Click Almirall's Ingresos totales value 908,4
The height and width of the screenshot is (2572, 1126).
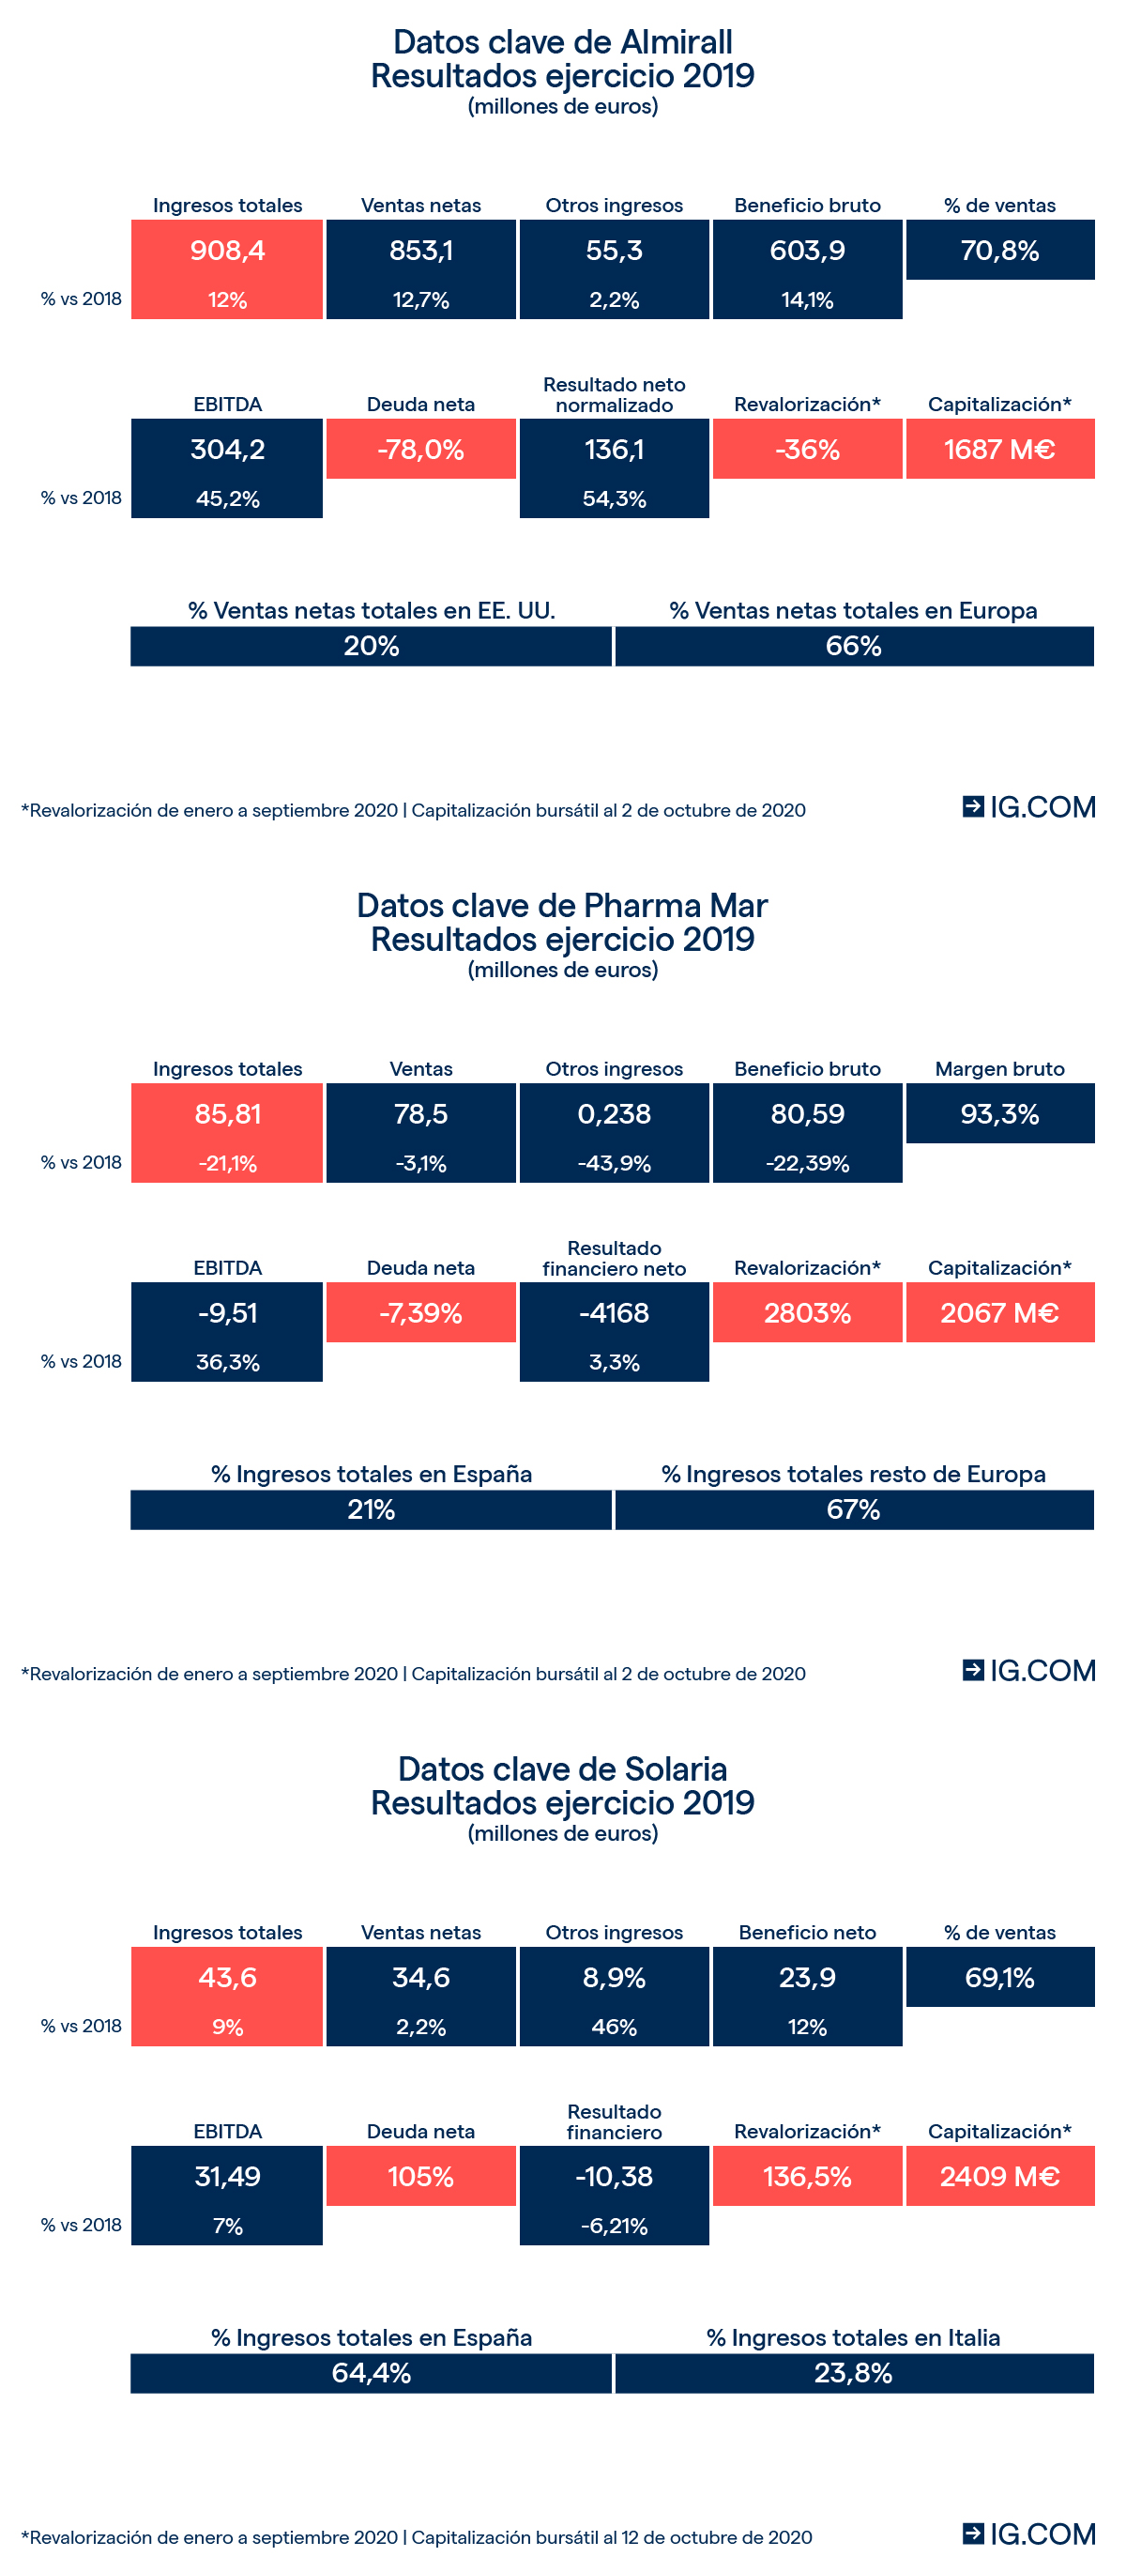tap(228, 251)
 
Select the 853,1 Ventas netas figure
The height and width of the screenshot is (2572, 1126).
tap(420, 251)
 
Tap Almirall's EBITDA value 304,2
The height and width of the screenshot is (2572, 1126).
tap(228, 450)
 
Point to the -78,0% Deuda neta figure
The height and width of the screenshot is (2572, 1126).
tap(420, 450)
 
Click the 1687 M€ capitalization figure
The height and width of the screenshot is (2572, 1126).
tap(999, 450)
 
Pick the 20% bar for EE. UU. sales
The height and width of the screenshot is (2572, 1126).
tap(372, 646)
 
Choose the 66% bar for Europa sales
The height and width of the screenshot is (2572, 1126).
tap(854, 646)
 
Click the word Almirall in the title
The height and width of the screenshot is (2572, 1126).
tap(676, 42)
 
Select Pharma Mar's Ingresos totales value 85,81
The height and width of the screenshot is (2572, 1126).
tap(228, 1113)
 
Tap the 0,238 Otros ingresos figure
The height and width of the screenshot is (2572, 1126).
tap(614, 1113)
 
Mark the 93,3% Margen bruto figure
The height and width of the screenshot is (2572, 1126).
tap(999, 1113)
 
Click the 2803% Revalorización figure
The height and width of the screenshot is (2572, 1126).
tap(807, 1313)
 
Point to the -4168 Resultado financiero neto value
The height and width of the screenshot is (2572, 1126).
tap(614, 1313)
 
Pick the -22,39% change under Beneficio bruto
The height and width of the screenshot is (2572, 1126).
tap(807, 1163)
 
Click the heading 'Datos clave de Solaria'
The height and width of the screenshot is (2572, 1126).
tap(562, 1769)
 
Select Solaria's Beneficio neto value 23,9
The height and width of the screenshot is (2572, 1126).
tap(807, 1977)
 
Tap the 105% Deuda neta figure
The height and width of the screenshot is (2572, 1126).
tap(420, 2177)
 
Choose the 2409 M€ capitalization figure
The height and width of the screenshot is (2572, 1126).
tap(999, 2177)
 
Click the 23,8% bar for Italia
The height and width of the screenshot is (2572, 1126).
tap(854, 2373)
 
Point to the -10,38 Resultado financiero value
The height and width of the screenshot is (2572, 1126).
tap(614, 2177)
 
